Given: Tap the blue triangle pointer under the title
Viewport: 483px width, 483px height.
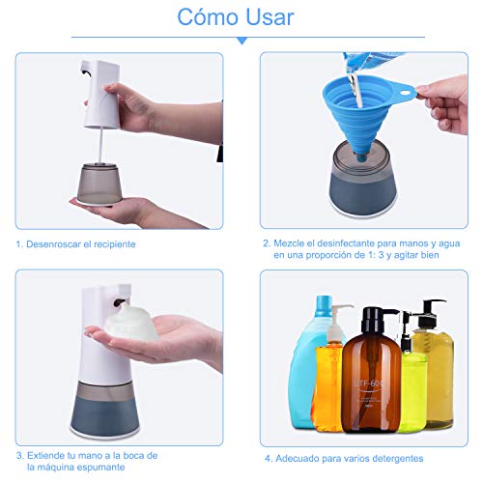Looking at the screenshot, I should [x=241, y=42].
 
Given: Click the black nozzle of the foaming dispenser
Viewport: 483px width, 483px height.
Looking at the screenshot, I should [x=119, y=301].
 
